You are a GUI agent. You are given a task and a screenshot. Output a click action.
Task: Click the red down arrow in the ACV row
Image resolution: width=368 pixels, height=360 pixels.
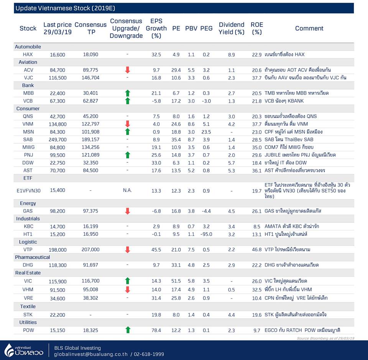pyautogui.click(x=127, y=70)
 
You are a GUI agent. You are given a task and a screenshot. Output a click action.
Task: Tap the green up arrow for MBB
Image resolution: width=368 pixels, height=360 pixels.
pyautogui.click(x=127, y=93)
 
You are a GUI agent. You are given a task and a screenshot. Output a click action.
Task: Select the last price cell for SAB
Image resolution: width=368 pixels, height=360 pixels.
pyautogui.click(x=58, y=139)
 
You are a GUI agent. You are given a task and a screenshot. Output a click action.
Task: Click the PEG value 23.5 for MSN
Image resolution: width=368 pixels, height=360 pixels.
pyautogui.click(x=206, y=132)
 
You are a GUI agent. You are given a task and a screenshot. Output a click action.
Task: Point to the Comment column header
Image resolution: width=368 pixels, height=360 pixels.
pyautogui.click(x=309, y=28)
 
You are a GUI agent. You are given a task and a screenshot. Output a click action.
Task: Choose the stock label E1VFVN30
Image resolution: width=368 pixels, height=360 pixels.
pyautogui.click(x=28, y=190)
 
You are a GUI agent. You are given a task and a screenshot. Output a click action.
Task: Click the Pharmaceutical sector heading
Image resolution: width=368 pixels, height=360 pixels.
pyautogui.click(x=32, y=257)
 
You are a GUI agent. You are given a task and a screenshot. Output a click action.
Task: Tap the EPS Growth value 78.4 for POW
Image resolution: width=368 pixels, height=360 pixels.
pyautogui.click(x=156, y=330)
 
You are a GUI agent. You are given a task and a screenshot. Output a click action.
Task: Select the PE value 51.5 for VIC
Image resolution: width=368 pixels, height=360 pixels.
pyautogui.click(x=176, y=281)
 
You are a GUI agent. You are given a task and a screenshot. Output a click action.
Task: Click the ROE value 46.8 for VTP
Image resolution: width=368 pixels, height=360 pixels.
pyautogui.click(x=257, y=250)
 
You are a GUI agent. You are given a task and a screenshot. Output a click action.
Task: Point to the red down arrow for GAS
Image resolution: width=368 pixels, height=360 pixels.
pyautogui.click(x=127, y=211)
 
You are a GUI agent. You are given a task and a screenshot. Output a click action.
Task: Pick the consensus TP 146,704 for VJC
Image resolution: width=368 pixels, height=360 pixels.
pyautogui.click(x=90, y=78)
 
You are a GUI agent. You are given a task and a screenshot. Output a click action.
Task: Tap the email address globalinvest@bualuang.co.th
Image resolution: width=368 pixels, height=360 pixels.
pyautogui.click(x=91, y=354)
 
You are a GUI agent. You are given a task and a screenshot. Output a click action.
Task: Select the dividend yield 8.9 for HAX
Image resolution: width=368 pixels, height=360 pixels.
pyautogui.click(x=232, y=55)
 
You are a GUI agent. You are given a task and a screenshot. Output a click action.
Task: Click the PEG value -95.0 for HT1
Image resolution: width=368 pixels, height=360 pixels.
pyautogui.click(x=206, y=234)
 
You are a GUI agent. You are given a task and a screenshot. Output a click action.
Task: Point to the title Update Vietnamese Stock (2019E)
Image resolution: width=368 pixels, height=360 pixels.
pyautogui.click(x=65, y=8)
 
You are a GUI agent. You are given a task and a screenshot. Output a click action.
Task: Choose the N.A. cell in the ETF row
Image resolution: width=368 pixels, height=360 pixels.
pyautogui.click(x=127, y=190)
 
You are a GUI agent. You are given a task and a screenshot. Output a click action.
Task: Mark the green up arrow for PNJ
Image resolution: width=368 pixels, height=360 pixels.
pyautogui.click(x=127, y=155)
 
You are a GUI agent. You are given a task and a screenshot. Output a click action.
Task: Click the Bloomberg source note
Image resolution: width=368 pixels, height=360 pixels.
pyautogui.click(x=325, y=338)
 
